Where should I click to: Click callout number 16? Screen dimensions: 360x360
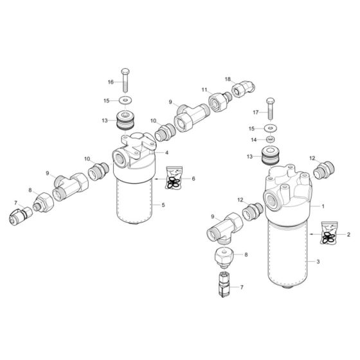(110, 82)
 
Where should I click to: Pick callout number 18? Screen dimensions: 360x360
(228, 78)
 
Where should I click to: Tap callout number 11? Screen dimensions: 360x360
(204, 90)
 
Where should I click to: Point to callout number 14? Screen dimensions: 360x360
(254, 139)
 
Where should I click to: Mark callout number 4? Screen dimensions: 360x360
(166, 153)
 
